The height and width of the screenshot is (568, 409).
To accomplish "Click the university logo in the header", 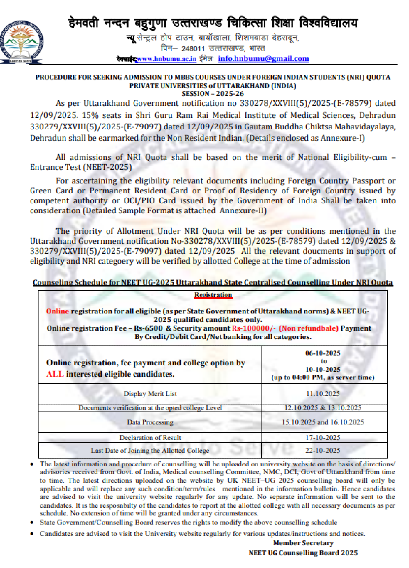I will (x=21, y=42).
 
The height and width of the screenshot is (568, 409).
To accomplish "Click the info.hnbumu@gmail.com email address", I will (x=263, y=59).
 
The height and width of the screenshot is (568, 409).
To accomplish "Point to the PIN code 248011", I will (x=193, y=49).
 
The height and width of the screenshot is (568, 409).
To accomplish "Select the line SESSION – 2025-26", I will (x=213, y=94).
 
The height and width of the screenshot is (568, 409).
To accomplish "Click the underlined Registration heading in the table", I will (x=213, y=295).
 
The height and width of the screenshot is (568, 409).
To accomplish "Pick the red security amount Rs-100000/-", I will (x=254, y=328).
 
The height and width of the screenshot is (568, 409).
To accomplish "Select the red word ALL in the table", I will (x=55, y=374).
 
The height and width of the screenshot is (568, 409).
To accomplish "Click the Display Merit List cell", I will (x=150, y=394).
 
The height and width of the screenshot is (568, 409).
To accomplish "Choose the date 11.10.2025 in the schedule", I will (x=323, y=394).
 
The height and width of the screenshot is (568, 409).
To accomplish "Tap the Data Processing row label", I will (x=150, y=422).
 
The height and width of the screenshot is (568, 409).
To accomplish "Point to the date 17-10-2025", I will (x=323, y=438).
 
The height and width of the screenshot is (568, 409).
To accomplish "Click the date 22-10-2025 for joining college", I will (x=323, y=451).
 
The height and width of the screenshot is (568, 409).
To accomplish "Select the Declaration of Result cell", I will (x=150, y=438).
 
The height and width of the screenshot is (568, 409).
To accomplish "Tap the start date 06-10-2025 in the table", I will (x=323, y=353).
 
